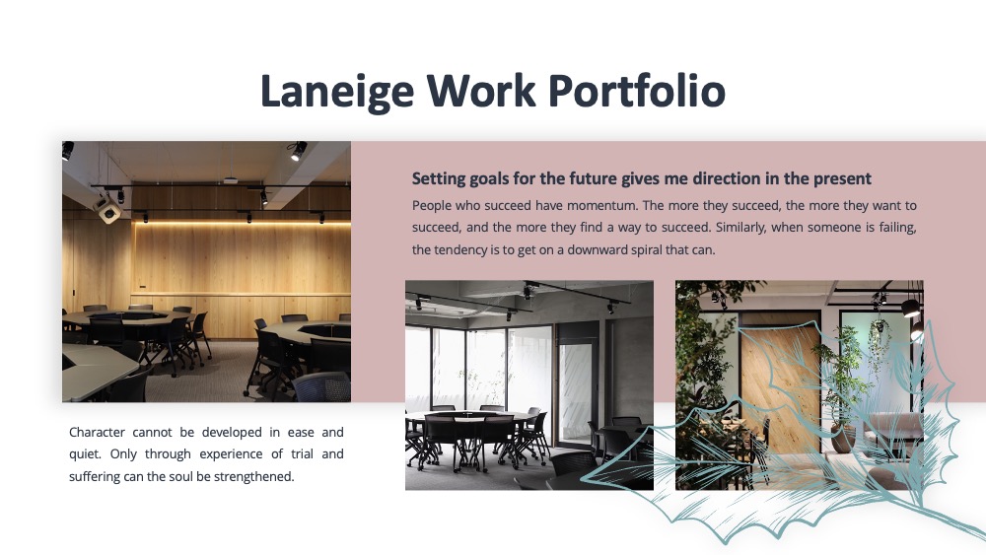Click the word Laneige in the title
(x=337, y=92)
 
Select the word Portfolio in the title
(x=637, y=91)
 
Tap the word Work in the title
(x=481, y=91)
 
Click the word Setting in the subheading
(x=439, y=179)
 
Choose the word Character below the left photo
(x=97, y=433)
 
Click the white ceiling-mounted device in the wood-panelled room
(x=107, y=210)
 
